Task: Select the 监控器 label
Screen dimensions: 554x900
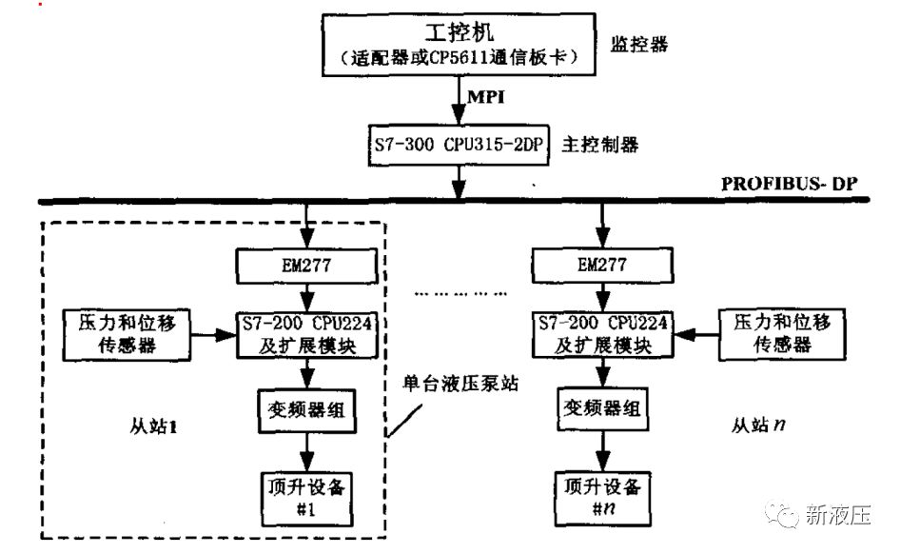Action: coord(642,44)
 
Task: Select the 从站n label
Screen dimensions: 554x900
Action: coord(762,425)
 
